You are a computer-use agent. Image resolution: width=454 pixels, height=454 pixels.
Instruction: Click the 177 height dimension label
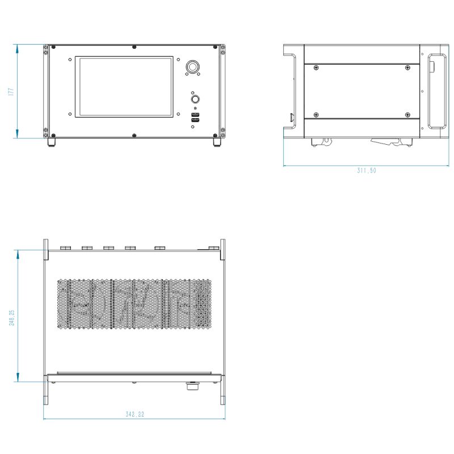(x=11, y=91)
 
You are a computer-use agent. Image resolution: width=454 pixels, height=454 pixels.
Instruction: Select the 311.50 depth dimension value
(x=366, y=170)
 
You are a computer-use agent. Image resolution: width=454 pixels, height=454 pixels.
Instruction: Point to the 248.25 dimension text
(x=11, y=318)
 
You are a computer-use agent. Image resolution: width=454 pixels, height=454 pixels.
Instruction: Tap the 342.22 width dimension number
(x=134, y=414)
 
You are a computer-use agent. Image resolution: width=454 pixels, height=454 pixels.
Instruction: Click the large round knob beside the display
(x=192, y=67)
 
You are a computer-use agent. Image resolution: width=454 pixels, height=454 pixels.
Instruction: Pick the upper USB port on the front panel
(x=195, y=115)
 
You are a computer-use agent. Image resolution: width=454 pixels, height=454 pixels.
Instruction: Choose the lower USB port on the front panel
(x=195, y=120)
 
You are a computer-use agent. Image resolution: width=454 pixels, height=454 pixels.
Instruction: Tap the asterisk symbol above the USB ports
(x=195, y=108)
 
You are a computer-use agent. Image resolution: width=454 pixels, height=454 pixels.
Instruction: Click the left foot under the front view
(x=52, y=142)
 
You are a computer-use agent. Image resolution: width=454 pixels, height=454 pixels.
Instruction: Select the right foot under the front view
(x=217, y=142)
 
